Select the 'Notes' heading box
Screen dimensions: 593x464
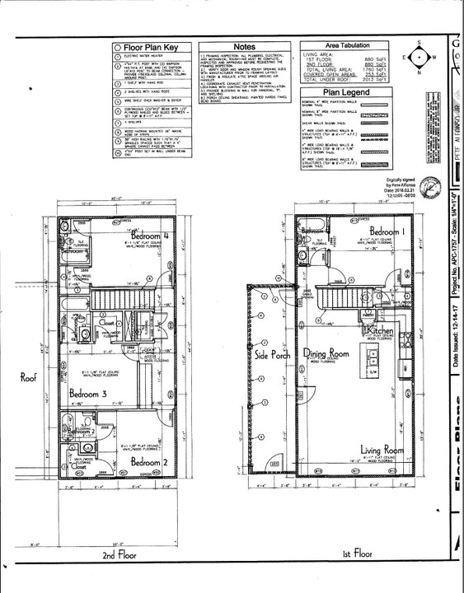tap(245, 47)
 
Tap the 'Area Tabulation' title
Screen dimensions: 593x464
tap(347, 45)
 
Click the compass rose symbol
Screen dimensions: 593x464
tap(420, 58)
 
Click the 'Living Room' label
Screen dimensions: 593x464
tap(380, 450)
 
